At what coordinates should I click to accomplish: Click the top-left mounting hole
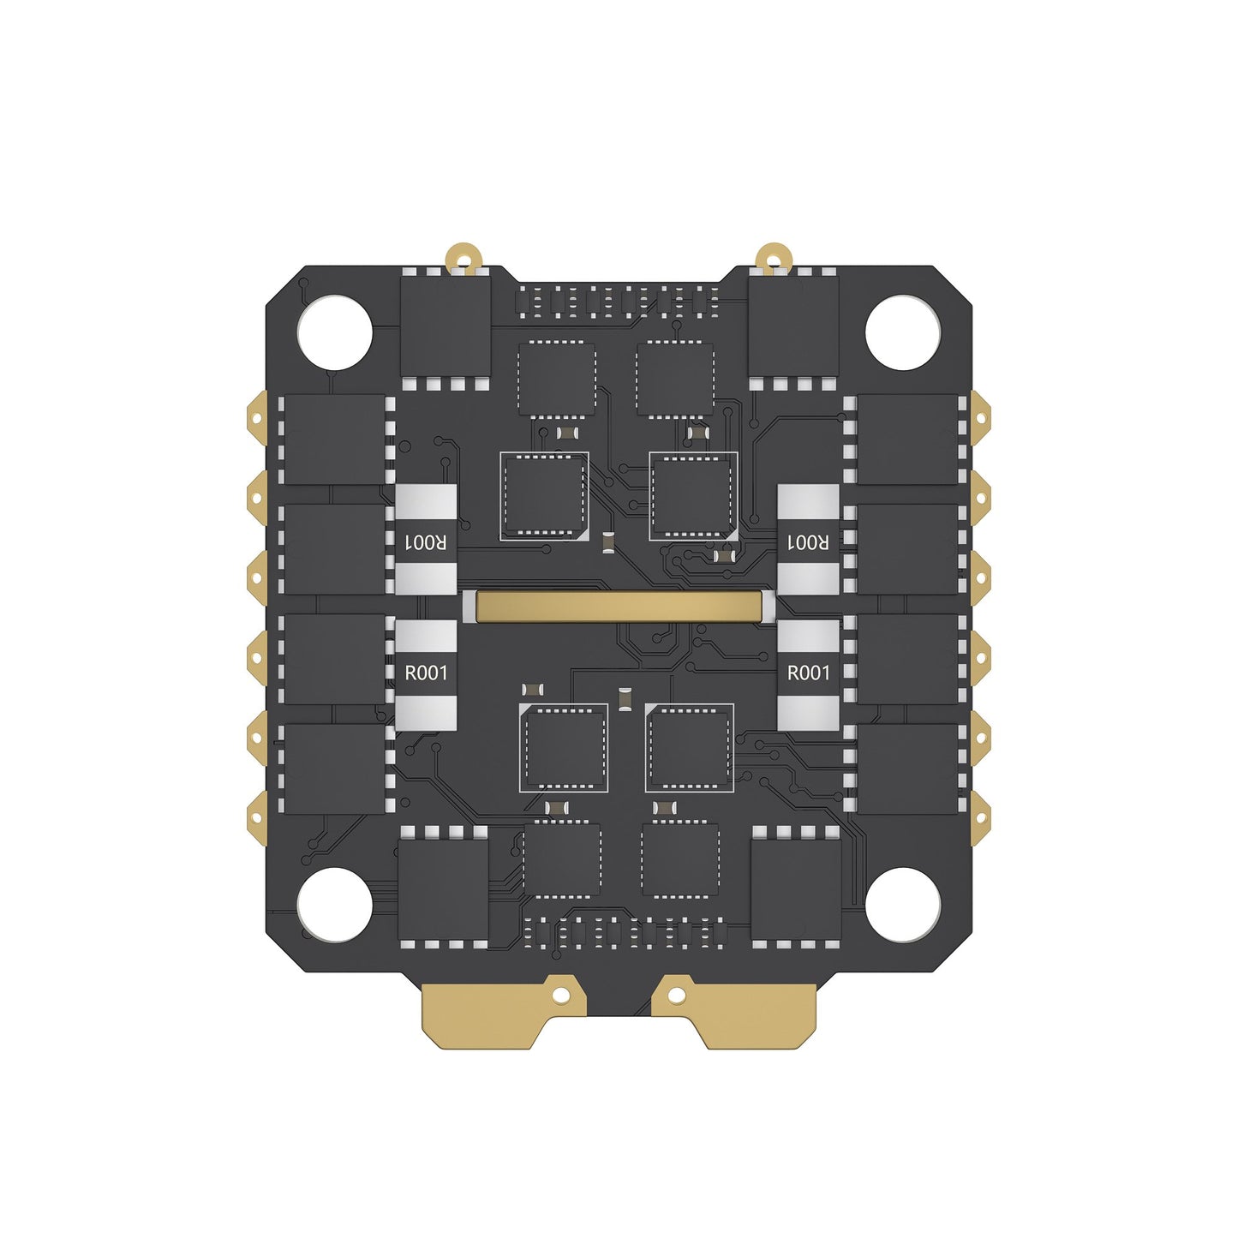[334, 332]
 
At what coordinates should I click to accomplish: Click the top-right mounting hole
[903, 332]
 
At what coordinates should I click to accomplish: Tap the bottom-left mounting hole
[334, 905]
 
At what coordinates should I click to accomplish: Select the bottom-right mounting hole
[903, 905]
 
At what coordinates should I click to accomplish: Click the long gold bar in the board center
[619, 607]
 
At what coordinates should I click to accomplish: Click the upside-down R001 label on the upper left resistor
[425, 542]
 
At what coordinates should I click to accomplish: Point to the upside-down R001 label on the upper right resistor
[808, 542]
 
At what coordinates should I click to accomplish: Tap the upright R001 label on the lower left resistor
[425, 673]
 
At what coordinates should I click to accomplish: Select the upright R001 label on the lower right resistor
[808, 673]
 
